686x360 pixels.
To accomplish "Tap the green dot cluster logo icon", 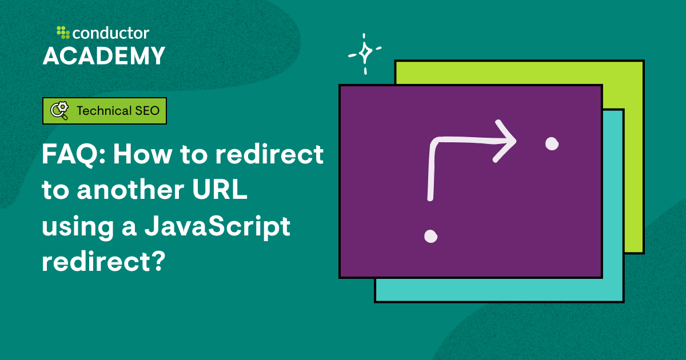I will [62, 32].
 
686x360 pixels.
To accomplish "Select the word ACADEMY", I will [104, 56].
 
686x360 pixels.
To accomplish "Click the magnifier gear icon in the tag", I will [59, 111].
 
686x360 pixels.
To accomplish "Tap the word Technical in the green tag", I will [103, 111].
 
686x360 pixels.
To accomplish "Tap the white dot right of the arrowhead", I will [551, 144].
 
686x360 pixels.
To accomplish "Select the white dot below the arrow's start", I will [430, 235].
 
